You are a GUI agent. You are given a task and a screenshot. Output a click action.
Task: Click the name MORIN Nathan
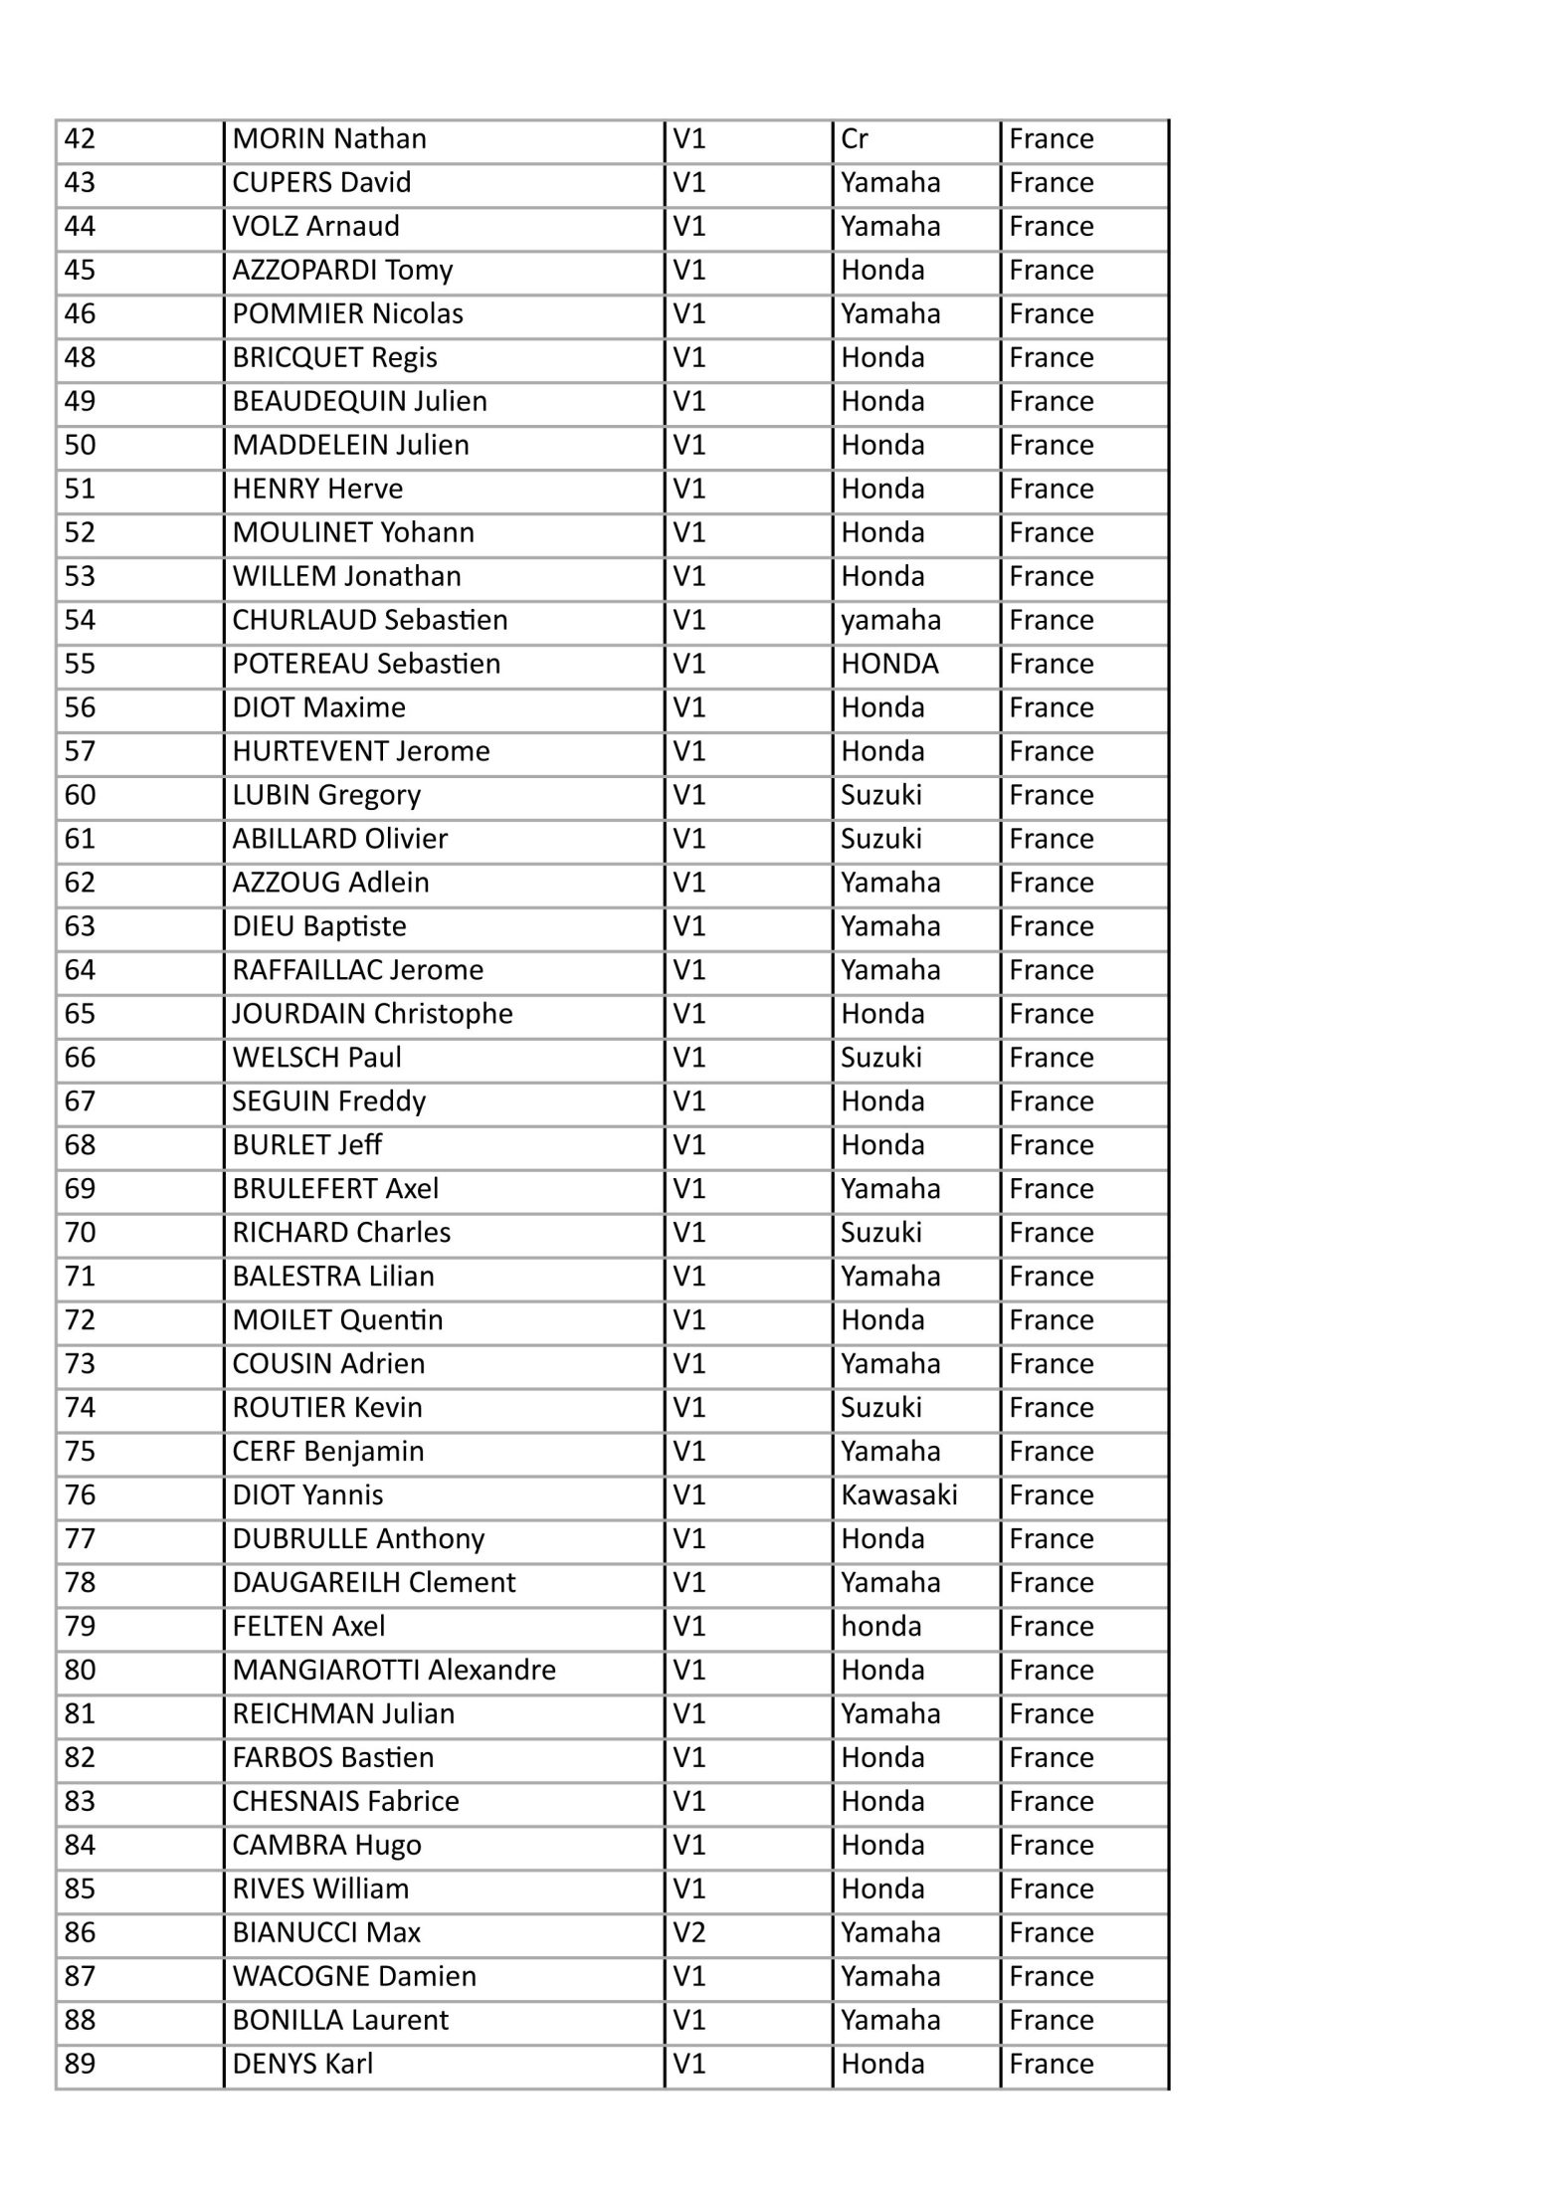click(x=329, y=138)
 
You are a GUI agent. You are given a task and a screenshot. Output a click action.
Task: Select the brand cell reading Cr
click(x=854, y=138)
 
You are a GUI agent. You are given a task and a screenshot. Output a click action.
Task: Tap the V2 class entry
click(x=688, y=1932)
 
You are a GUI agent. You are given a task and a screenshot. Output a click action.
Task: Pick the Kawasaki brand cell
click(x=898, y=1494)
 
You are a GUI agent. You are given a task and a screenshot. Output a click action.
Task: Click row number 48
click(x=80, y=357)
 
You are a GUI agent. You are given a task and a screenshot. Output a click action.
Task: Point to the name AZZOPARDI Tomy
click(x=342, y=270)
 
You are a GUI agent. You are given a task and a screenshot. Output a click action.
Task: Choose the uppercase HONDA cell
click(x=889, y=664)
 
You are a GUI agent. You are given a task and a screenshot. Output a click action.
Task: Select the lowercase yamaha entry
click(x=890, y=620)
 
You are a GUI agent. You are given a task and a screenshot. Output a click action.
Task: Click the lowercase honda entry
click(x=881, y=1626)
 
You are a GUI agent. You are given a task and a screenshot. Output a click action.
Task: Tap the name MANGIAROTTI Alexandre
click(x=394, y=1670)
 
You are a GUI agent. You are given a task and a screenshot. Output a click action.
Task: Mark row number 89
click(x=80, y=2064)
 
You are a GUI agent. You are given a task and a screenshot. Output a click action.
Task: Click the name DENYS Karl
click(x=302, y=2064)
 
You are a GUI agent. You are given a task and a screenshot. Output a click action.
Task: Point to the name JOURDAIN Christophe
click(x=372, y=1014)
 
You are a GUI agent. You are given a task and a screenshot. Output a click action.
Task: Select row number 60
click(x=80, y=795)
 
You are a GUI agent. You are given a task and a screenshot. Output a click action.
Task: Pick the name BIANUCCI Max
click(x=326, y=1932)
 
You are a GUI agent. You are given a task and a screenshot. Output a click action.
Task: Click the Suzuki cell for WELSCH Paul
click(x=880, y=1058)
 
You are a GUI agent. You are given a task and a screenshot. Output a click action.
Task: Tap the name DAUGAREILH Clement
click(x=374, y=1582)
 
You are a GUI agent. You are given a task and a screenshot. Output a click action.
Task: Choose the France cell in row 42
click(x=1051, y=138)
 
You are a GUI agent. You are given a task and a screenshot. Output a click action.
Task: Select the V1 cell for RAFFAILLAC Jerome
click(x=688, y=970)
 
